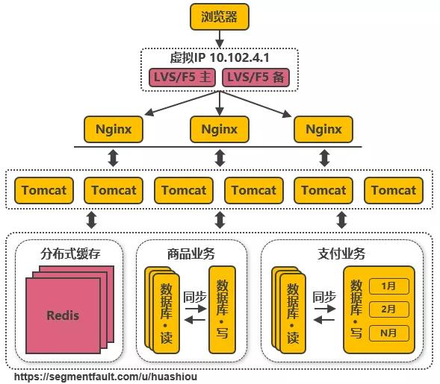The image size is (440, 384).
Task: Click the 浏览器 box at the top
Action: tap(219, 16)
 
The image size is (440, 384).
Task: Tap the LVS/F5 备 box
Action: tap(255, 77)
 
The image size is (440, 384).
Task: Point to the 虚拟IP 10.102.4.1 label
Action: tap(219, 58)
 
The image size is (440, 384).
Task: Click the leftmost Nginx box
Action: tap(114, 130)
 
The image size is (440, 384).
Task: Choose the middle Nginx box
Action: tap(219, 130)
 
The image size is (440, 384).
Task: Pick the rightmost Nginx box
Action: tap(323, 130)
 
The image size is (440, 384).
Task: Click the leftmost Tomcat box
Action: tap(44, 190)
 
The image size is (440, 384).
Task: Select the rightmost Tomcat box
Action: tap(394, 190)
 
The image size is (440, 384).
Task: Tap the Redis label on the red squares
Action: tap(62, 315)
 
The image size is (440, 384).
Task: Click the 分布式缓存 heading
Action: tap(70, 254)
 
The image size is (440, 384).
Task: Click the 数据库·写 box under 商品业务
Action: tap(222, 309)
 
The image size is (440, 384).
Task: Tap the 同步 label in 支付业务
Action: tap(323, 297)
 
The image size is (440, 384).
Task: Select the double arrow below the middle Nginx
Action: tap(219, 158)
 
